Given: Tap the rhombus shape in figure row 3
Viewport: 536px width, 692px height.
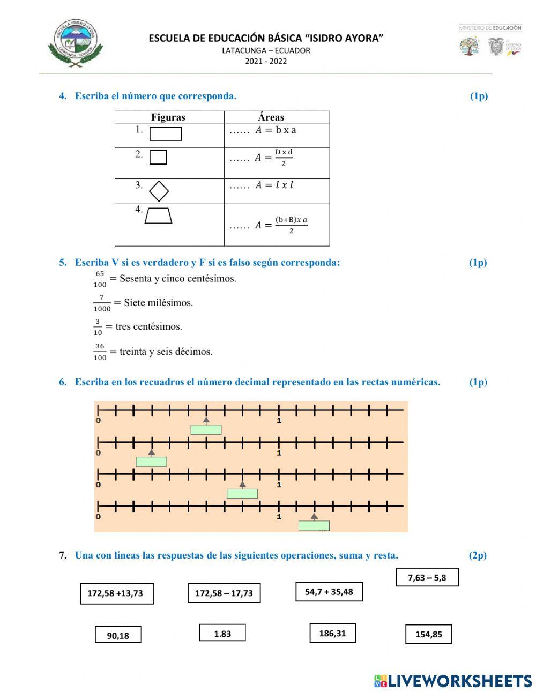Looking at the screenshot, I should [159, 191].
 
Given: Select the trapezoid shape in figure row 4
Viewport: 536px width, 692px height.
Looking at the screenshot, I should [158, 215].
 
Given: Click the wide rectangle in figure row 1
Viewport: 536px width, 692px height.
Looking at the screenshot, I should [166, 133].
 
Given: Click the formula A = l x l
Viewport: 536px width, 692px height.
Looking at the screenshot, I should [274, 185].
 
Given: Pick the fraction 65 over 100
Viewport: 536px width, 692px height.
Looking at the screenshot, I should [100, 279].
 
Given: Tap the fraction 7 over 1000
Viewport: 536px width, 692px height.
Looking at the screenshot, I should [102, 303].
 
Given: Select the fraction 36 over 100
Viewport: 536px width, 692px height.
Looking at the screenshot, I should [100, 352].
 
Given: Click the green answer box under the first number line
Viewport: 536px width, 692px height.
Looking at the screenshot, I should [206, 429].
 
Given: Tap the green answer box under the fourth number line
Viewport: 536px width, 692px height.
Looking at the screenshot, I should [314, 526].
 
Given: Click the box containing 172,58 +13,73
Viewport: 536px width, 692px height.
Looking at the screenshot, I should [117, 593].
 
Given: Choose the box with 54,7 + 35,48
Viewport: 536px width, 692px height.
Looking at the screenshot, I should [329, 592].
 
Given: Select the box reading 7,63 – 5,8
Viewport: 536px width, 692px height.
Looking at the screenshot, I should [427, 577].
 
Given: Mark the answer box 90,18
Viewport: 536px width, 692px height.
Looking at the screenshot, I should [118, 635].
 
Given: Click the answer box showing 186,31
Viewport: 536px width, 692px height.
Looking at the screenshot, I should [333, 633].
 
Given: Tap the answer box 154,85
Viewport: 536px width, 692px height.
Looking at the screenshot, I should [429, 634].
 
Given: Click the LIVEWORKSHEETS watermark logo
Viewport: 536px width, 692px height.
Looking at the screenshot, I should [453, 681].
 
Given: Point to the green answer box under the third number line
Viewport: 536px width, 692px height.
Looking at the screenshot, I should [242, 494].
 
